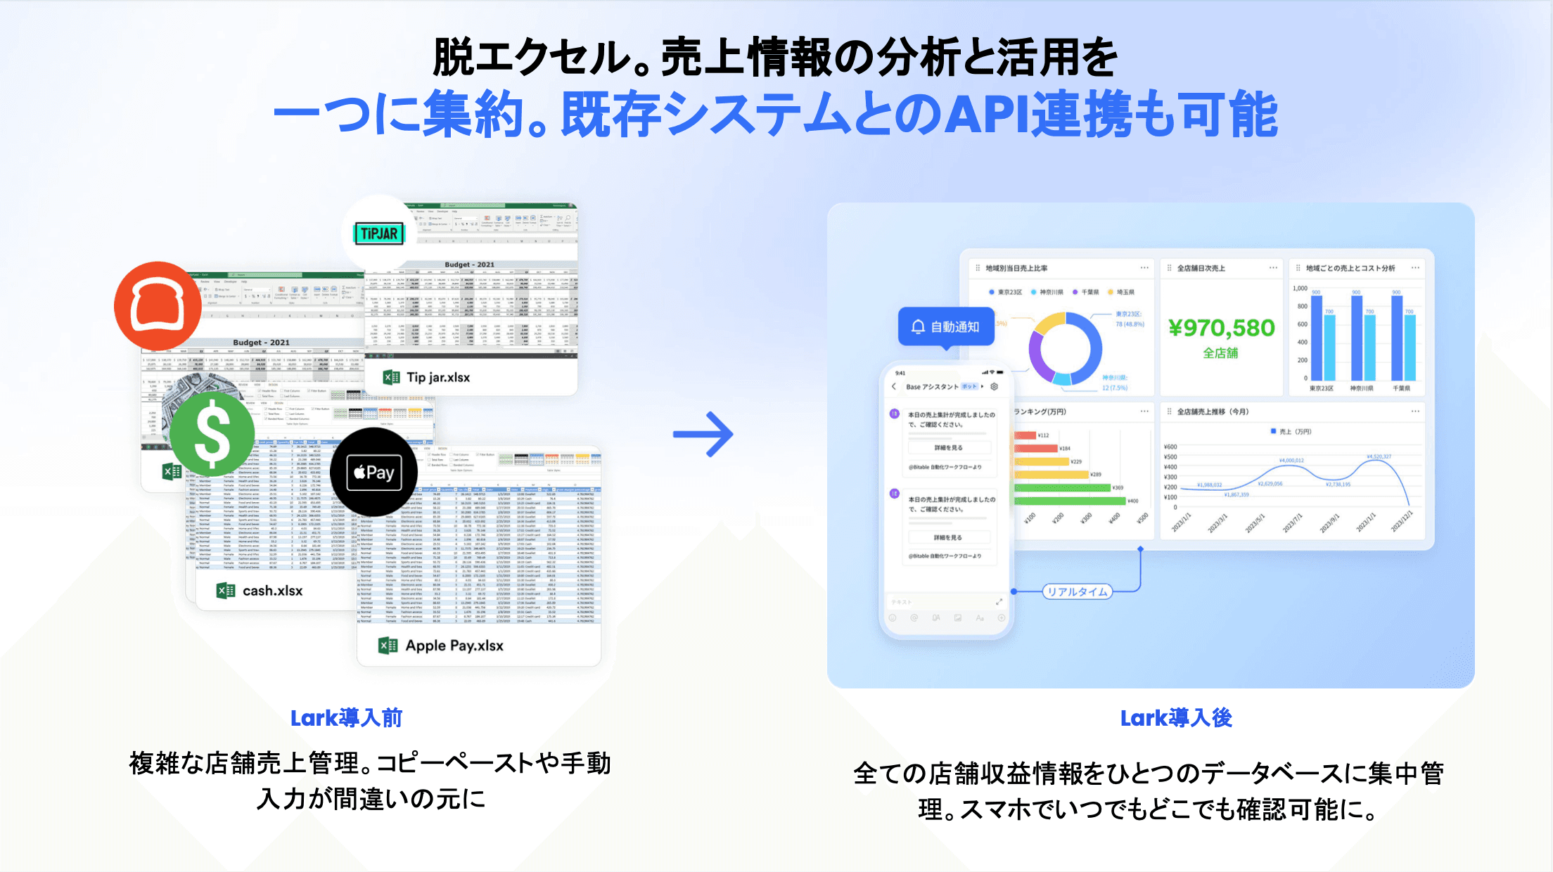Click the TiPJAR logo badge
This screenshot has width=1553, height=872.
tap(380, 233)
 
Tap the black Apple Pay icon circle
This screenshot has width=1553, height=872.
tap(373, 472)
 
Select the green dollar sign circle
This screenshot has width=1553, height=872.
tap(212, 434)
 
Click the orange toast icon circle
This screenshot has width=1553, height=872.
tap(158, 305)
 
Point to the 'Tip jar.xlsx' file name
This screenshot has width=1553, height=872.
tap(437, 378)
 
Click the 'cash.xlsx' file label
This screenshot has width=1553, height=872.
tap(272, 591)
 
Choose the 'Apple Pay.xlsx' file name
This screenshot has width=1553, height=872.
tap(454, 646)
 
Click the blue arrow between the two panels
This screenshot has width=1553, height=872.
tap(703, 434)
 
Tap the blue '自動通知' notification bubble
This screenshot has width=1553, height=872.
tap(946, 326)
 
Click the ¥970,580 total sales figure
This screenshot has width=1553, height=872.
tap(1221, 328)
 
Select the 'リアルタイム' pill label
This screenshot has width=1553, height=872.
tap(1077, 591)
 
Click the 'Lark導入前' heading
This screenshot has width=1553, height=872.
tap(346, 718)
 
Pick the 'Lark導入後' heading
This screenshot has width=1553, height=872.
tap(1175, 718)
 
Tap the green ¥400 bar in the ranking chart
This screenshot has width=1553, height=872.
tap(1070, 501)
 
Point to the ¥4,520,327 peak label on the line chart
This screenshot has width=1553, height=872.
tap(1379, 456)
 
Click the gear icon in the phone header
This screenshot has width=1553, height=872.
tap(994, 387)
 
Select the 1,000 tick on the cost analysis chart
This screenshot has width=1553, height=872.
tap(1300, 288)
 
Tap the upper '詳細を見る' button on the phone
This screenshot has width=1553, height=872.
tap(948, 447)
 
